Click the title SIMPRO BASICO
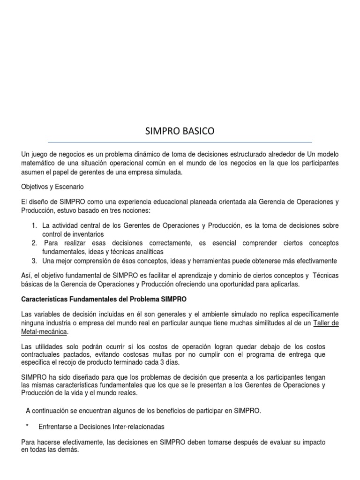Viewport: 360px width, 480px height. click(180, 132)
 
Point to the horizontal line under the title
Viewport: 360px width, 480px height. click(180, 142)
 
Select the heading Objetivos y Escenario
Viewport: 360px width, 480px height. click(52, 187)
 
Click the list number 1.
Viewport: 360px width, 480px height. click(34, 226)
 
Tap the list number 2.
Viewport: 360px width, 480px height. click(34, 243)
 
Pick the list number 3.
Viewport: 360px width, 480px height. click(34, 261)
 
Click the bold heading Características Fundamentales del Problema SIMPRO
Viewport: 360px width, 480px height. click(104, 299)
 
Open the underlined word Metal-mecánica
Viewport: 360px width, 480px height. click(44, 332)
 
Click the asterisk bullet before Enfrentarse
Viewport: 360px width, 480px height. click(28, 427)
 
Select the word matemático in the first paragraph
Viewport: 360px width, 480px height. click(39, 163)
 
